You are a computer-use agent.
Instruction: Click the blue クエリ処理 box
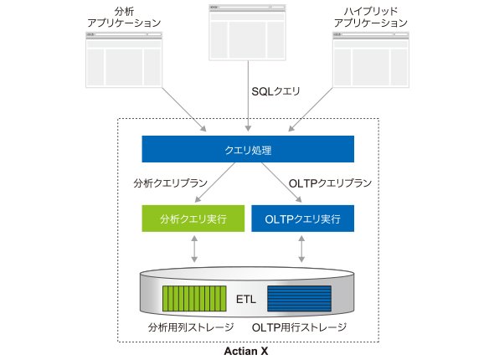point(248,149)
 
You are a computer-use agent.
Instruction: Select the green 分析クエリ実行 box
point(193,219)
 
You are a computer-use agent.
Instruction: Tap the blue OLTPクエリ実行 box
point(303,219)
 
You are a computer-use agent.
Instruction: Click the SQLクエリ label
point(275,91)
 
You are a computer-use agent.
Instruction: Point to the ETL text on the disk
point(246,299)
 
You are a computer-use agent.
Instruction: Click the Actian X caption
point(246,351)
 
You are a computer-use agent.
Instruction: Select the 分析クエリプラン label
point(171,183)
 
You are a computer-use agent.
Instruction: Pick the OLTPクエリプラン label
point(330,183)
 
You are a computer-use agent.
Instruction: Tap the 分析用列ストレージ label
point(191,327)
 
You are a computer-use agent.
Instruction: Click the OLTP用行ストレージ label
point(299,327)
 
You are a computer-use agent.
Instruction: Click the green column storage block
point(194,299)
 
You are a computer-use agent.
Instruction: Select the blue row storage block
point(299,299)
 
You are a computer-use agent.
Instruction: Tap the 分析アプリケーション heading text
point(124,17)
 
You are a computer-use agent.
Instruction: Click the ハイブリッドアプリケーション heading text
point(371,17)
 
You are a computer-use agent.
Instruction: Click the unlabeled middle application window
point(247,32)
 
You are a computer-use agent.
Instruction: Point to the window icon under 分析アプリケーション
point(124,59)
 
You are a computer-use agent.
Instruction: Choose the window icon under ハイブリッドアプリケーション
point(371,59)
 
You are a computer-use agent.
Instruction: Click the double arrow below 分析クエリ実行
point(194,249)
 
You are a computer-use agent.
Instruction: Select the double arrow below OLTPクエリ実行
point(301,249)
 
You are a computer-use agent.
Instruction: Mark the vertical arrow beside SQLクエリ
point(249,96)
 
